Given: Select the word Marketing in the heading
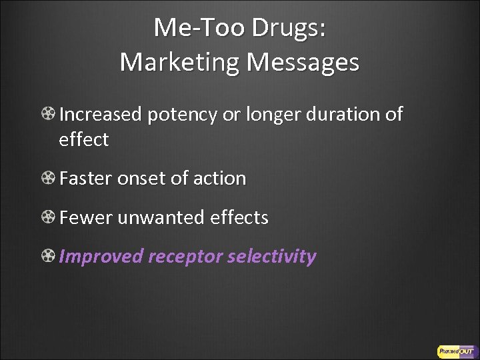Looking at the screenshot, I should (180, 62).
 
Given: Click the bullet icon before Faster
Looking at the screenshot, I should (48, 179).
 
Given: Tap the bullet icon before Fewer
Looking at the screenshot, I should (48, 217).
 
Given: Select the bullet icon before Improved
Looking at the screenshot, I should (48, 256).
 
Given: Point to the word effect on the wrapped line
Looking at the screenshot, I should (83, 140).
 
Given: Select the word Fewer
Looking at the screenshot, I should (85, 217).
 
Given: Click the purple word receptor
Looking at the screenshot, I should (185, 257).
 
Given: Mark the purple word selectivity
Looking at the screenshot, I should (272, 257).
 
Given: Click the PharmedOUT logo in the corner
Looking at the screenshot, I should (455, 351).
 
